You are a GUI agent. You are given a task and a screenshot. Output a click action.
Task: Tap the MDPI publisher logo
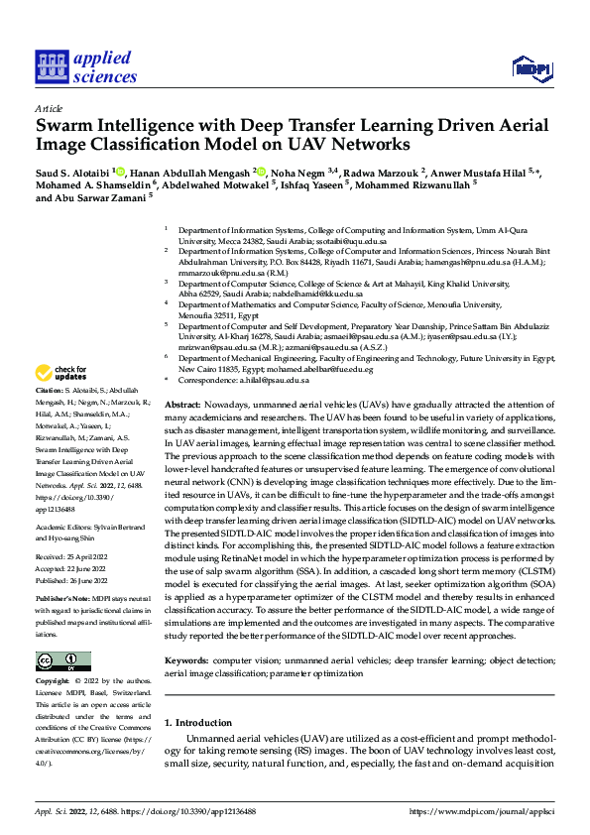pyautogui.click(x=531, y=67)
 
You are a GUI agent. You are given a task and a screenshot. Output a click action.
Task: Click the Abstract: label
pyautogui.click(x=181, y=407)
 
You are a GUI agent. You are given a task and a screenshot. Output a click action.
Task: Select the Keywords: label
pyautogui.click(x=188, y=658)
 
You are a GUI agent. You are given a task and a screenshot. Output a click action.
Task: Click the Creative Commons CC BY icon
pyautogui.click(x=62, y=661)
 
